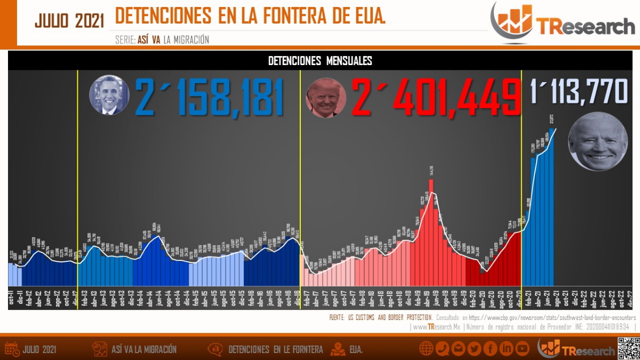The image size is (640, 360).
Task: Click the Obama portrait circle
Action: click(109, 95)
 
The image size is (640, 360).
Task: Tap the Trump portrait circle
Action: click(326, 98)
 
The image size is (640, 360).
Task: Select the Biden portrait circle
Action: click(598, 141)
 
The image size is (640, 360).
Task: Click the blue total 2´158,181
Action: click(209, 97)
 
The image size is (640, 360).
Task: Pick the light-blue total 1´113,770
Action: click(578, 91)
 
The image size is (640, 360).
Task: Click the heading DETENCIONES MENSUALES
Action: click(320, 61)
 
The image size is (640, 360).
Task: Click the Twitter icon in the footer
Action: click(474, 349)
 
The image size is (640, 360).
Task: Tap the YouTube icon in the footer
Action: click(522, 349)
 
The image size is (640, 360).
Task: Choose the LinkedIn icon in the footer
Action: click(506, 349)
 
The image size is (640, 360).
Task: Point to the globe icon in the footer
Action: click(426, 349)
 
